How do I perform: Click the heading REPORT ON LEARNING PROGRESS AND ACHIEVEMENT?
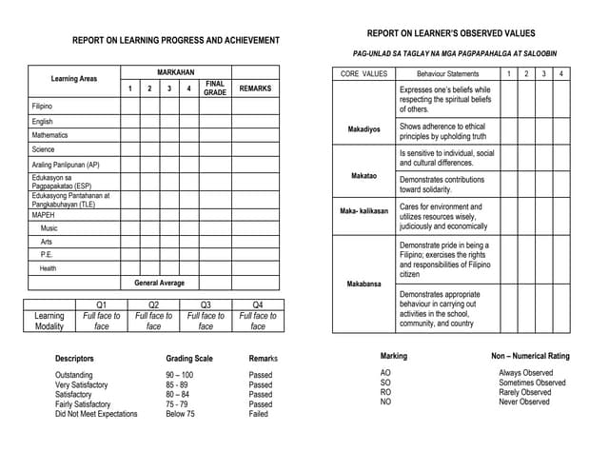pos(176,41)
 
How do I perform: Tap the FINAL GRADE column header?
pos(215,88)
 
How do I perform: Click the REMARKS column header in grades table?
pos(255,88)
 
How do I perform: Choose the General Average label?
pos(160,283)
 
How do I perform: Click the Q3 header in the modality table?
pos(206,304)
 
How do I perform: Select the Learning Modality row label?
pos(49,321)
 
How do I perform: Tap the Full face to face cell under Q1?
pos(102,321)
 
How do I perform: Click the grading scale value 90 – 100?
pos(179,376)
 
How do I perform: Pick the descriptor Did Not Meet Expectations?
pos(96,414)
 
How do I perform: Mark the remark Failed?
pos(258,414)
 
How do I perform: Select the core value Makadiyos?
pos(363,128)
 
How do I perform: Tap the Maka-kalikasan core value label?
pos(364,211)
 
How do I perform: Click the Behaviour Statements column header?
pos(447,73)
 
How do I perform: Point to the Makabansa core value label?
pos(363,284)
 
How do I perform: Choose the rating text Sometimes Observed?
pos(532,383)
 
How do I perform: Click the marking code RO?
pos(385,392)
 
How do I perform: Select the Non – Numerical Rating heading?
pos(530,356)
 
